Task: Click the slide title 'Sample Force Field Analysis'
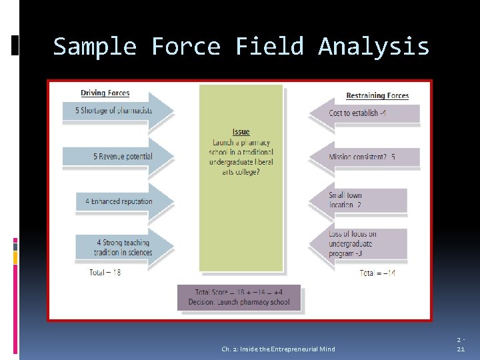coord(241,47)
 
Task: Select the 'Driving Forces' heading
coord(105,93)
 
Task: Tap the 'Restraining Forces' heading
coord(377,95)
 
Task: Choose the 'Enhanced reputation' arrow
coord(123,201)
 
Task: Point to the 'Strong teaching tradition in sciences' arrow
coord(123,247)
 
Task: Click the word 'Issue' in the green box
coord(241,132)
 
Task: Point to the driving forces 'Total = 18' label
coord(105,272)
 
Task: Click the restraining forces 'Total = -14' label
coord(377,273)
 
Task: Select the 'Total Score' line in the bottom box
coord(239,292)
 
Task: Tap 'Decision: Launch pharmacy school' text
coord(239,301)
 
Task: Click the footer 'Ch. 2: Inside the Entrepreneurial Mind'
coord(278,349)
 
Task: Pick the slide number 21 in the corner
coord(460,349)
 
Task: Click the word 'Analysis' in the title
coord(373,47)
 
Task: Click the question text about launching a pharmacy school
coord(241,157)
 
